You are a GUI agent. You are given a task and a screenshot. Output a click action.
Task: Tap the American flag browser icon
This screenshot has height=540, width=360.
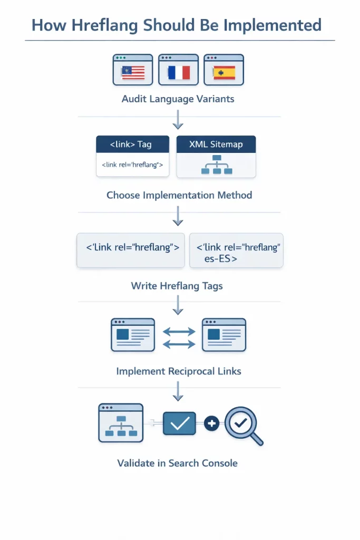[x=133, y=69]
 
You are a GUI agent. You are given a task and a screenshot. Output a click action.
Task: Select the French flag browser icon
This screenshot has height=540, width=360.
[x=178, y=69]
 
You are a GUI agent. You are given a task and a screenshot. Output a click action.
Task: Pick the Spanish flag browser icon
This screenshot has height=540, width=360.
[x=224, y=69]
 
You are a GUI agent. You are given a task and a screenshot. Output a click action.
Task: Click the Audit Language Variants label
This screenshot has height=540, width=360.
[x=178, y=99]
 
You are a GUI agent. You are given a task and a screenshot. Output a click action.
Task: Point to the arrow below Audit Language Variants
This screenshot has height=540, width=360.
[x=178, y=122]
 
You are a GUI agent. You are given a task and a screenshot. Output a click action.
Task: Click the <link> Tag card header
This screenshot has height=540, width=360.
[x=132, y=144]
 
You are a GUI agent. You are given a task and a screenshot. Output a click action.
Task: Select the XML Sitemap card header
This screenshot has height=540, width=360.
[x=216, y=144]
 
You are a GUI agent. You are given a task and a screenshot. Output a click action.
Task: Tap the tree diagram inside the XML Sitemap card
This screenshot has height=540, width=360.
[x=216, y=165]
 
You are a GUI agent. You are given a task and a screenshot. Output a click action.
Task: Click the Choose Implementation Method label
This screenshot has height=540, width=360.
[x=179, y=195]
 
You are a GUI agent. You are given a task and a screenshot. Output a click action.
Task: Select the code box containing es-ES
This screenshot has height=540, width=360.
[x=236, y=250]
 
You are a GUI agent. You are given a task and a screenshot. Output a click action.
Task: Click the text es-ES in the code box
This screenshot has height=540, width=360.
[x=220, y=259]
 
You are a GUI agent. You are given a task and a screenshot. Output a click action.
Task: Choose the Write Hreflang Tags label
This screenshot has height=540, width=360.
[x=177, y=286]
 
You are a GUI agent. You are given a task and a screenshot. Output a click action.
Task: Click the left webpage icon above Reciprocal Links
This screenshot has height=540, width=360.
[x=133, y=335]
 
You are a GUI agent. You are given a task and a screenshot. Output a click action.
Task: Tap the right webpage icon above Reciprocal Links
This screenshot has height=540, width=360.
[x=224, y=335]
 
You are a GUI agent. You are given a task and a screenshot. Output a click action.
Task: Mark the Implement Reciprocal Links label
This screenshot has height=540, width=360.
[x=179, y=371]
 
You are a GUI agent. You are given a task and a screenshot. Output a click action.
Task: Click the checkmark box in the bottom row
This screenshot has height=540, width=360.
[x=179, y=423]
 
